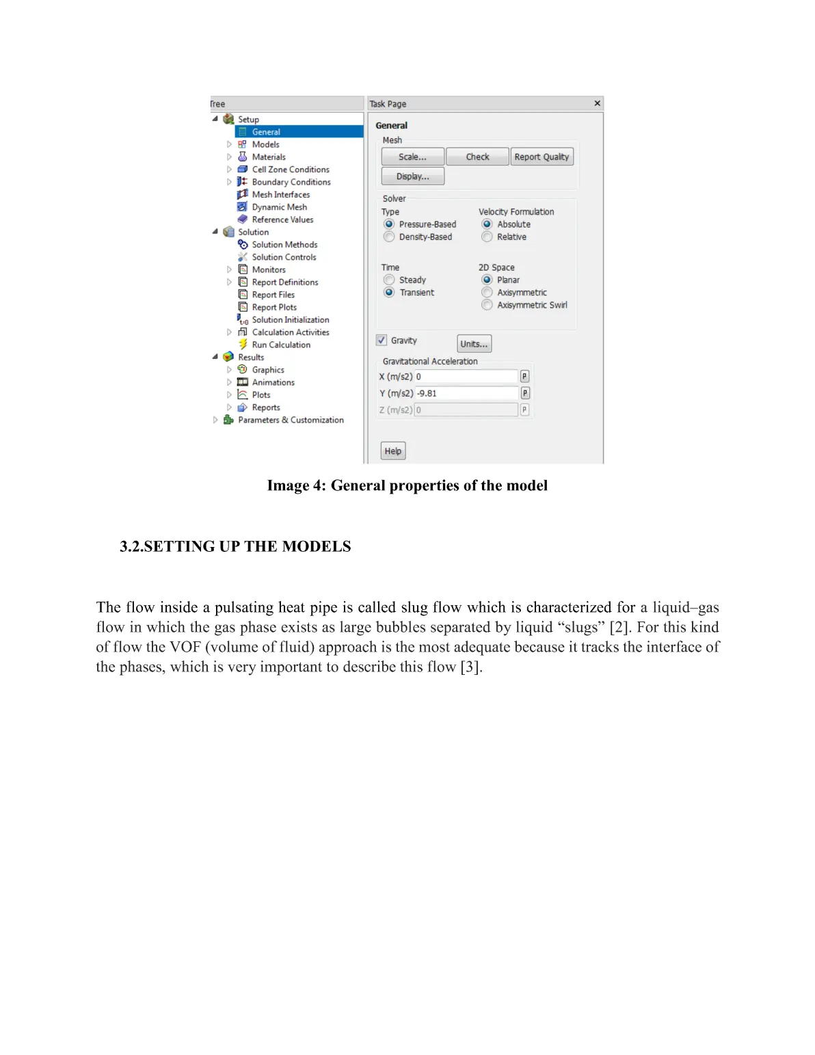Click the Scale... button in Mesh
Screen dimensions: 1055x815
tap(412, 157)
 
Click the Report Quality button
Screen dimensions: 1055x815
tap(542, 157)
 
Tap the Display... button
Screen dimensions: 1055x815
tap(412, 176)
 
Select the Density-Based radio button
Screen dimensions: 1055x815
tap(389, 237)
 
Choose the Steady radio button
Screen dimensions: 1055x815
tap(389, 280)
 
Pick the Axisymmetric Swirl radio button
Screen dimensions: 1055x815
tap(487, 305)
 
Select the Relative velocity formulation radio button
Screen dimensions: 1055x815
tap(487, 237)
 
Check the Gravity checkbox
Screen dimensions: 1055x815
tap(382, 340)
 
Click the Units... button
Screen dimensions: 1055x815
tap(474, 344)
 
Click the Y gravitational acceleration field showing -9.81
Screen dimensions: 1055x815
tap(466, 393)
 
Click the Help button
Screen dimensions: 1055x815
tap(392, 451)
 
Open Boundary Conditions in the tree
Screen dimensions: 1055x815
tap(291, 182)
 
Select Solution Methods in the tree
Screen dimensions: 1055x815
tap(284, 245)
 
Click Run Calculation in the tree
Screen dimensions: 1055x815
tap(281, 345)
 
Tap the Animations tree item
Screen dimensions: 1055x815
tap(273, 382)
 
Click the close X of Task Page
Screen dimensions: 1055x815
tap(597, 103)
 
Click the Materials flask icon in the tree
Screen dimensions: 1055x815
tap(242, 157)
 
